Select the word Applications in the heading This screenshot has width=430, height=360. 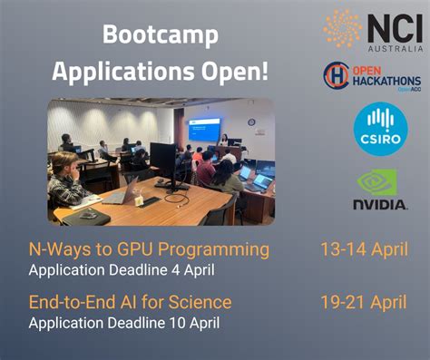tap(114, 71)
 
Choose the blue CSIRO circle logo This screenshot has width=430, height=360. tap(375, 129)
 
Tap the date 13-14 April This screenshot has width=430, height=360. tap(363, 248)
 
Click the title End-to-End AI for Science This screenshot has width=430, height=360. tap(131, 301)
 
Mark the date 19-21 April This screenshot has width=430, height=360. tap(363, 301)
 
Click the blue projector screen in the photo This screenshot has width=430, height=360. tap(204, 130)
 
